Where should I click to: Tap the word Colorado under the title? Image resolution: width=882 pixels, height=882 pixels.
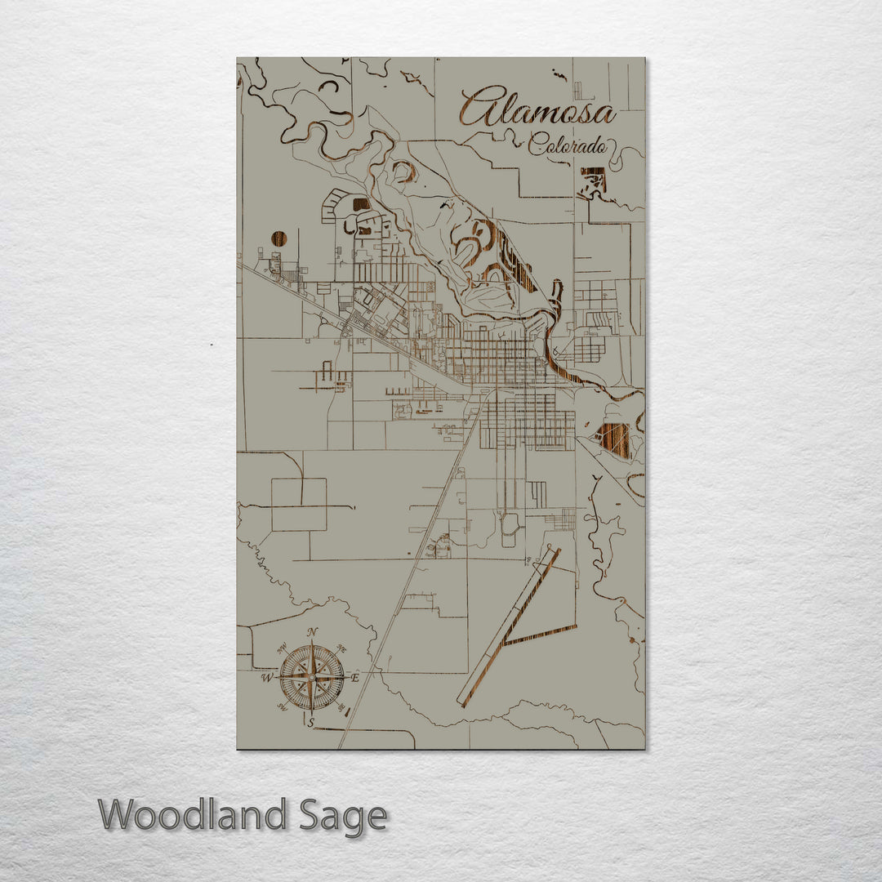coord(568,146)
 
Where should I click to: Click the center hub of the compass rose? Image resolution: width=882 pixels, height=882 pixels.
coord(311,676)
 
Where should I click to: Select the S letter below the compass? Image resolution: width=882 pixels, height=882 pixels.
coord(310,722)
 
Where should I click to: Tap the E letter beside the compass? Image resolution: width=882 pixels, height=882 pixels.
coord(354,677)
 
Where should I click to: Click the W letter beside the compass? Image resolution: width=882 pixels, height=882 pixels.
coord(266,678)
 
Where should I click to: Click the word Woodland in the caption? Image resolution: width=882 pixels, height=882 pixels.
coord(193,815)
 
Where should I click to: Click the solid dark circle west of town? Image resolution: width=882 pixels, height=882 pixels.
coord(279,238)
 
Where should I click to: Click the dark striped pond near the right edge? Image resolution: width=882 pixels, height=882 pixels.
coord(614,439)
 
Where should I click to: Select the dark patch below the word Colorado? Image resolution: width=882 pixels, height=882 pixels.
coord(594,180)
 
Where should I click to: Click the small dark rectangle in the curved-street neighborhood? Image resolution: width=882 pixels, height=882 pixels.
coord(360,204)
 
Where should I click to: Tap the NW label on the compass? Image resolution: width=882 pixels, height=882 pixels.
coord(283,648)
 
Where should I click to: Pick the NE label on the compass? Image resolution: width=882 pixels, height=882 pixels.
coord(341,649)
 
